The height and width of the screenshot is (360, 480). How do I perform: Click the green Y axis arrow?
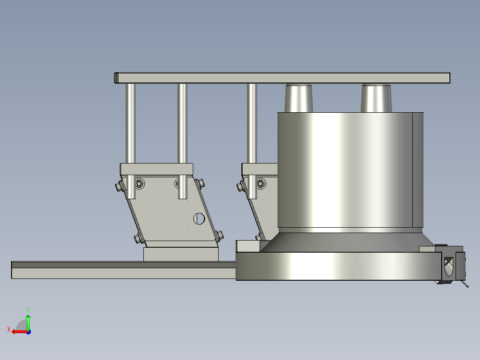pyautogui.click(x=28, y=322)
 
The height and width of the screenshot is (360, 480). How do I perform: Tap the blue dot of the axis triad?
pyautogui.click(x=28, y=332)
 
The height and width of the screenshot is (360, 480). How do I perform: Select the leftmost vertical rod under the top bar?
pyautogui.click(x=130, y=141)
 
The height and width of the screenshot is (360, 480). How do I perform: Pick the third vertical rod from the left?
pyautogui.click(x=252, y=141)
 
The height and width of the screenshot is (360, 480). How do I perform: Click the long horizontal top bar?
pyautogui.click(x=282, y=78)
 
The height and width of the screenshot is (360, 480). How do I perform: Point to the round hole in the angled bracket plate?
pyautogui.click(x=199, y=218)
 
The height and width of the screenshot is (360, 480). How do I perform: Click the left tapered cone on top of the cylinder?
pyautogui.click(x=298, y=98)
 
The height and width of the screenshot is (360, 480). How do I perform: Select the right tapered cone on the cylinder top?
pyautogui.click(x=376, y=98)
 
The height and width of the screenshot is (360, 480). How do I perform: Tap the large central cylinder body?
pyautogui.click(x=350, y=170)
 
